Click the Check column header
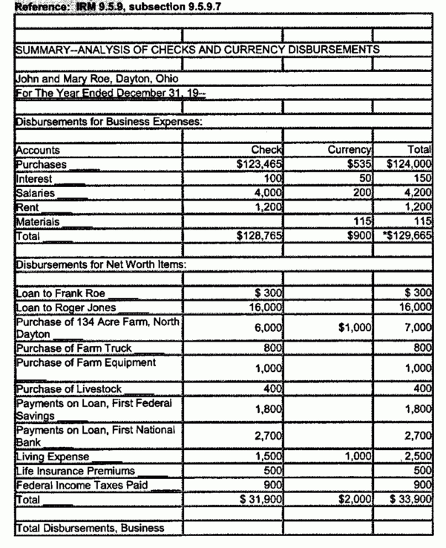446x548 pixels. tap(265, 150)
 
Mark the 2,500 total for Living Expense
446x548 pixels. tap(420, 457)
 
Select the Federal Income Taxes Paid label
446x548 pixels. tap(79, 486)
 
